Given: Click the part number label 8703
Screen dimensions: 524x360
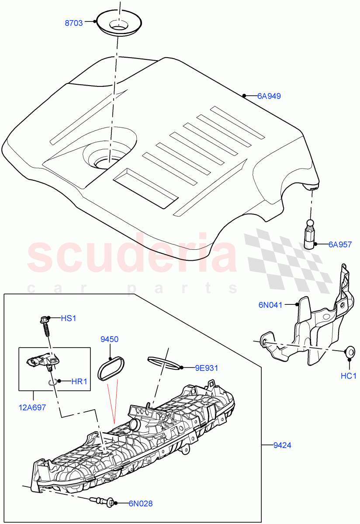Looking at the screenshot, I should pyautogui.click(x=74, y=23).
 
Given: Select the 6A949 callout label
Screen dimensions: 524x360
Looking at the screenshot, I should pyautogui.click(x=269, y=96).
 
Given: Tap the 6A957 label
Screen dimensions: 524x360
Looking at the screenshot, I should pyautogui.click(x=340, y=245).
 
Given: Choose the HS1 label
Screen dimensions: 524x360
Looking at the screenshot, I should pyautogui.click(x=68, y=318).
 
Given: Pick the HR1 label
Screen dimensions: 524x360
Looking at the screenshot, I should pyautogui.click(x=79, y=381).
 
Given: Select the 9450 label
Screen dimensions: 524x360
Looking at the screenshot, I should pyautogui.click(x=109, y=339).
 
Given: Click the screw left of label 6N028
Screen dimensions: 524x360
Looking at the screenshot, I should pyautogui.click(x=103, y=502).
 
